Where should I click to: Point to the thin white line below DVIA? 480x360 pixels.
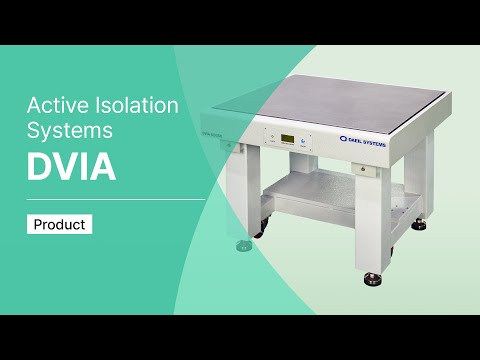pyautogui.click(x=115, y=199)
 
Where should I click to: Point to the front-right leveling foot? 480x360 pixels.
pyautogui.click(x=375, y=278)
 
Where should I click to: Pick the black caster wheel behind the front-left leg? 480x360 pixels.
pyautogui.click(x=258, y=231)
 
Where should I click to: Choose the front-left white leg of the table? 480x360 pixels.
pyautogui.click(x=240, y=190)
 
